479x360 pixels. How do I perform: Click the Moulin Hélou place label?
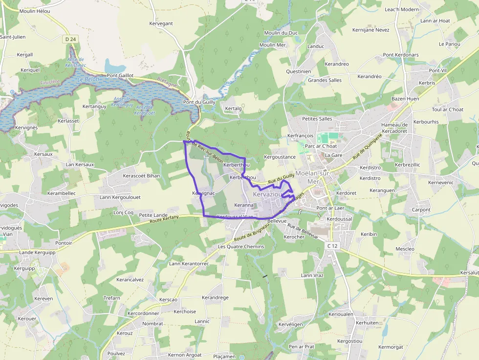[x=34, y=11]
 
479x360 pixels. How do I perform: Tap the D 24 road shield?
[x=71, y=39]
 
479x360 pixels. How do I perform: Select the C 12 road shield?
[x=332, y=246]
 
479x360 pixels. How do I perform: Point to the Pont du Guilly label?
[x=199, y=102]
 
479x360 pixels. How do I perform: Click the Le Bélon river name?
[x=88, y=79]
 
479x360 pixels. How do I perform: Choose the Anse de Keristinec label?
[x=76, y=63]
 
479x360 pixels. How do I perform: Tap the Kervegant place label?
[x=161, y=23]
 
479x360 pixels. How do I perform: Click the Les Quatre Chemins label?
[x=241, y=247]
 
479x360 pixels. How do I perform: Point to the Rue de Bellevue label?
[x=303, y=231]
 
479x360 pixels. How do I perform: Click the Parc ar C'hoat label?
[x=321, y=146]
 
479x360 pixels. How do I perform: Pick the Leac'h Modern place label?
[x=402, y=9]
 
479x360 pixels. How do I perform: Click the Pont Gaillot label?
[x=120, y=75]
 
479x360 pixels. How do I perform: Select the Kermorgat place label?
[x=391, y=347]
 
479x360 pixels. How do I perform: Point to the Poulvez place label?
[x=116, y=353]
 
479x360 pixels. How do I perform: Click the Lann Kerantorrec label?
[x=189, y=264]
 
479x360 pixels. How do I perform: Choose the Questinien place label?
[x=298, y=71]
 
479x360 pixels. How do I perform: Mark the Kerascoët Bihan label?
[x=142, y=175]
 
